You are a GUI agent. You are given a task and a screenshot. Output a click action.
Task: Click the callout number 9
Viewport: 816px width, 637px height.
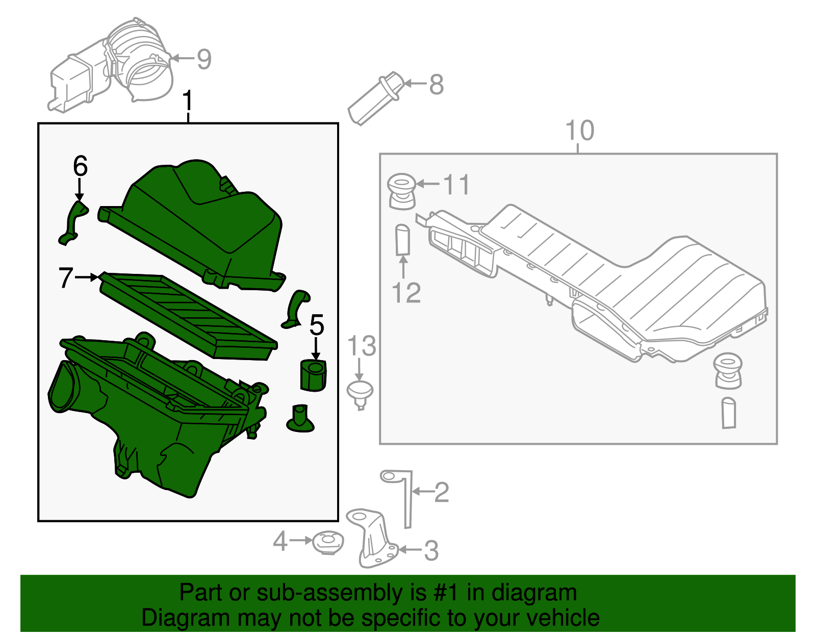pos(204,59)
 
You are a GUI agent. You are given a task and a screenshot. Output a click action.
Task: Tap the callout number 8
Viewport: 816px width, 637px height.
pos(437,84)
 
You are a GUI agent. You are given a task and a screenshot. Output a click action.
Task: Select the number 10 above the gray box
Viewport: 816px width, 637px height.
pos(580,131)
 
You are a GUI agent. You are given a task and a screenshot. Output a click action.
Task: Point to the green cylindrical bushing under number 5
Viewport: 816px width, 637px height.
pos(313,375)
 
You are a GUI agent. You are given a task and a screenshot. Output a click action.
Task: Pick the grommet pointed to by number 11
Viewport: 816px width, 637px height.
pos(401,191)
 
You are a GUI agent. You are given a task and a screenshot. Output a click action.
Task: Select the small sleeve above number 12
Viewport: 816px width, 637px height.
pos(402,239)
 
